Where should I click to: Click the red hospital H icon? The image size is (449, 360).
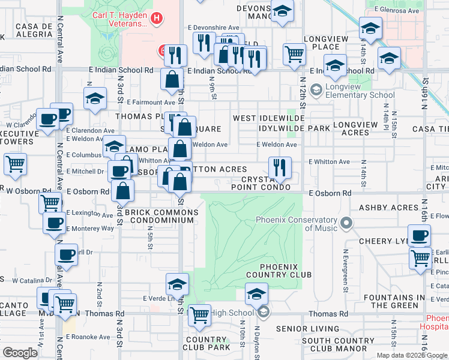click(157, 19)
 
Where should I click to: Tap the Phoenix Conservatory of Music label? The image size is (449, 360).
click(297, 223)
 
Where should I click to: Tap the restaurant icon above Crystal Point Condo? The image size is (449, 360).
click(279, 167)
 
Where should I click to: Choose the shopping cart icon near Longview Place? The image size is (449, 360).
click(294, 54)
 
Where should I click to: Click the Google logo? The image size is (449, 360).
click(20, 352)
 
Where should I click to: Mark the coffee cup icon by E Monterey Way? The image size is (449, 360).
click(54, 223)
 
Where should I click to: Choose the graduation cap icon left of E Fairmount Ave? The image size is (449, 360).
click(95, 99)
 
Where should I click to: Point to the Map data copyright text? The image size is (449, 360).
click(412, 355)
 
